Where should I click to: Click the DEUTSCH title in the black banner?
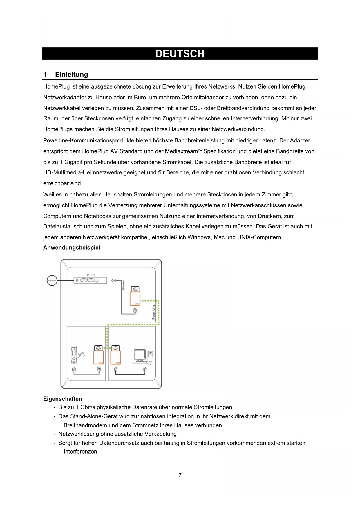click(180, 54)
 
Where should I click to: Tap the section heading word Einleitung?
click(71, 75)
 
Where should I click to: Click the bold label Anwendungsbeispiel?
click(72, 248)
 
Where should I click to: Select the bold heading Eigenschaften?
click(63, 399)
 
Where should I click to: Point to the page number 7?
click(180, 475)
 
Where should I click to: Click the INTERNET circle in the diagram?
click(52, 281)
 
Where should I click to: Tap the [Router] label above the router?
click(91, 275)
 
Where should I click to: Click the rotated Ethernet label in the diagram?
click(123, 285)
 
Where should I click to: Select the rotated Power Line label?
click(153, 312)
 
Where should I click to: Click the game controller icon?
click(81, 355)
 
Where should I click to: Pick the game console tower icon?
click(74, 355)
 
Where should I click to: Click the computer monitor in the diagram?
click(140, 355)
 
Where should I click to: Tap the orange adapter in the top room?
click(135, 299)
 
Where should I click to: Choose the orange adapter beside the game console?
click(99, 357)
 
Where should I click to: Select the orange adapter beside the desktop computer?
click(116, 357)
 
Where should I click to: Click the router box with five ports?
click(90, 281)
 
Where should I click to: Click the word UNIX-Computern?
click(260, 237)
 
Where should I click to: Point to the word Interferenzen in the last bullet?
click(80, 452)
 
